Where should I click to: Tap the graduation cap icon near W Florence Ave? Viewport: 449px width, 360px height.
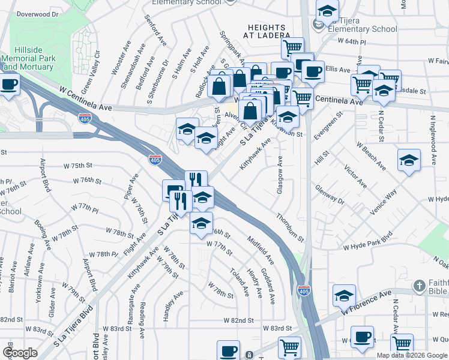[345, 295]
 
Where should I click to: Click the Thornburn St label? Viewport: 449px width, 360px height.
[291, 227]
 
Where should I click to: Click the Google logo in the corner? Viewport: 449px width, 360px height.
[20, 353]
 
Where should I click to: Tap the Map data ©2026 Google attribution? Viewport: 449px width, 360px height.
[412, 355]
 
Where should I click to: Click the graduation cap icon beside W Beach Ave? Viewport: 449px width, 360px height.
[409, 160]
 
